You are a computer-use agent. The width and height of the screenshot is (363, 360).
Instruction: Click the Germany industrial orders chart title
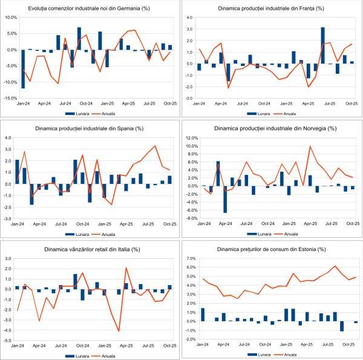click(91, 8)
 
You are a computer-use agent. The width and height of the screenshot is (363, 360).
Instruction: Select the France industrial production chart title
click(272, 9)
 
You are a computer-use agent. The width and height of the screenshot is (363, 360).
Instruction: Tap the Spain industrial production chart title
click(91, 128)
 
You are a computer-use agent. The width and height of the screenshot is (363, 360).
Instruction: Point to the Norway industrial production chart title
click(272, 128)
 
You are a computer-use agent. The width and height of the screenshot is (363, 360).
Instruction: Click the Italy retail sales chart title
click(91, 249)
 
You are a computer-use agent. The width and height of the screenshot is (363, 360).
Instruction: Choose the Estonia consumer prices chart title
click(272, 249)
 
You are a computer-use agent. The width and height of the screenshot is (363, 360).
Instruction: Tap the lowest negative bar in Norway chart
click(225, 199)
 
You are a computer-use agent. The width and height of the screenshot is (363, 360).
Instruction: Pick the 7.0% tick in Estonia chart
click(191, 258)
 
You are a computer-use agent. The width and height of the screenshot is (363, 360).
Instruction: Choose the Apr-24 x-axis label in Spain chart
click(44, 224)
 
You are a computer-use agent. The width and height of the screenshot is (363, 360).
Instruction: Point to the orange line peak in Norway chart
click(310, 146)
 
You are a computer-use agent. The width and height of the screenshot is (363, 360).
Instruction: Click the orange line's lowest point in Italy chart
click(119, 331)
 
